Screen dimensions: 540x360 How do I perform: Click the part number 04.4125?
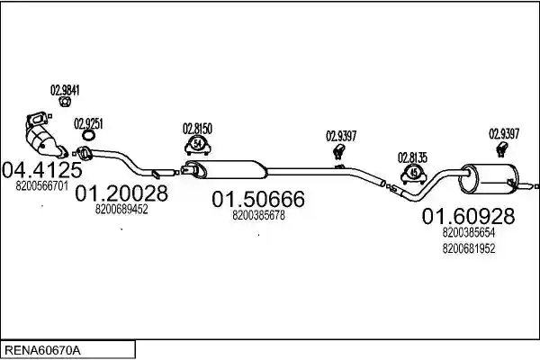coord(42,169)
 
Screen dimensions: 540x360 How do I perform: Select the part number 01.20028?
coord(121,193)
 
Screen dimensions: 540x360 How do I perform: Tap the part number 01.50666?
coord(258,199)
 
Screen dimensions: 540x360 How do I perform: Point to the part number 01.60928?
coord(468,216)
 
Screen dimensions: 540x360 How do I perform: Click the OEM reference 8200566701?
coord(42,186)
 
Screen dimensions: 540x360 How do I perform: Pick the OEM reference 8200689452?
coord(121,209)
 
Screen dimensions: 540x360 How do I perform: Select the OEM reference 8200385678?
coord(258,215)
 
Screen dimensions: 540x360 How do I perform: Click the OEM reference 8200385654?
coord(469,232)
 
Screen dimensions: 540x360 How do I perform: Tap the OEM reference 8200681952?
coord(469,248)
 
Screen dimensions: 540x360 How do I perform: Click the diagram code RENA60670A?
coord(42,351)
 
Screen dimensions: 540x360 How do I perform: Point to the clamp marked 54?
coord(198,146)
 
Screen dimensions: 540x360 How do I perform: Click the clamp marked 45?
coord(414,175)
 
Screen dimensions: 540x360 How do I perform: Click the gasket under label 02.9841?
coord(65,102)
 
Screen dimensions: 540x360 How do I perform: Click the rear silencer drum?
coord(489,179)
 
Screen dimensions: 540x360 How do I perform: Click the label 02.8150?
coord(197,129)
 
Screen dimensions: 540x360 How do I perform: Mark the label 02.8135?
coord(412,157)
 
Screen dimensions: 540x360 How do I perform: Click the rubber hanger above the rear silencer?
coord(502,150)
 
